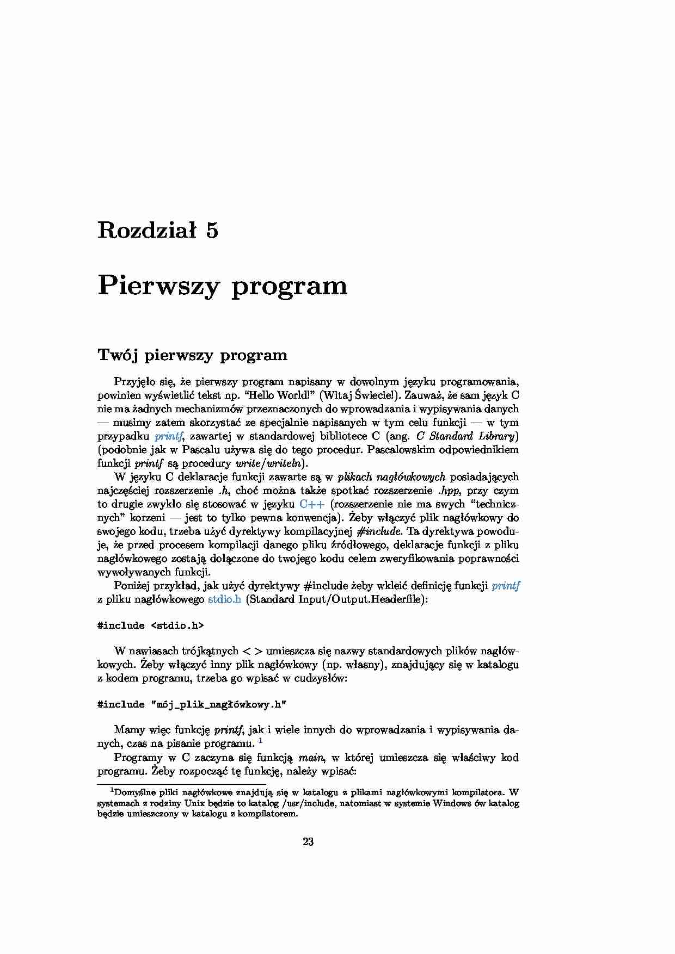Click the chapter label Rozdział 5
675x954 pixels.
(157, 231)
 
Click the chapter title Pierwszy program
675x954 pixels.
(222, 286)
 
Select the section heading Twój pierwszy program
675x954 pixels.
(192, 355)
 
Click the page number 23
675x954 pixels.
(308, 842)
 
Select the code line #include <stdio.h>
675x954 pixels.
(150, 625)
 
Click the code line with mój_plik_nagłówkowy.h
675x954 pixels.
(192, 704)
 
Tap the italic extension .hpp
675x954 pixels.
(449, 491)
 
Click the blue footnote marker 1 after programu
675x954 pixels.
(260, 741)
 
